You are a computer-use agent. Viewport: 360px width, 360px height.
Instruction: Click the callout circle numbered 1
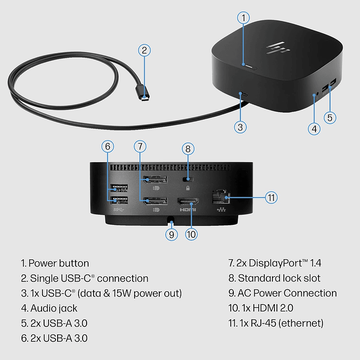pos(243,18)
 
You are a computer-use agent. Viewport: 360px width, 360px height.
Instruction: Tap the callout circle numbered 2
pos(144,50)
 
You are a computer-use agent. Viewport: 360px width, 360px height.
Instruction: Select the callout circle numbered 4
pos(314,128)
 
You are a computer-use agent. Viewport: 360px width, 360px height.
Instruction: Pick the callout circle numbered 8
pos(188,149)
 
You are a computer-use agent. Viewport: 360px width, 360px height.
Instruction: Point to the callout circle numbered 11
pos(271,197)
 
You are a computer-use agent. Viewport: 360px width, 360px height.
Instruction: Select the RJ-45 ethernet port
pos(219,196)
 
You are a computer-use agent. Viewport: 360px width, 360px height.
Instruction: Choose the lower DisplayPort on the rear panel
pos(154,202)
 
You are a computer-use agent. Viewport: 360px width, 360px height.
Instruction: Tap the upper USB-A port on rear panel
pos(117,189)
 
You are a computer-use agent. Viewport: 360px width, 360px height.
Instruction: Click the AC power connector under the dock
pos(172,219)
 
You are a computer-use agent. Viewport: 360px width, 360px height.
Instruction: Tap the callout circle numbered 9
pos(172,234)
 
